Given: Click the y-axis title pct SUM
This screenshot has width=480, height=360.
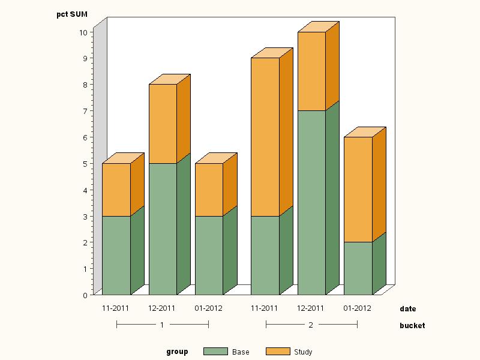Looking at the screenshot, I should click(72, 14).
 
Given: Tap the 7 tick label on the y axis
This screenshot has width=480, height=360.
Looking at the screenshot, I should click(85, 111).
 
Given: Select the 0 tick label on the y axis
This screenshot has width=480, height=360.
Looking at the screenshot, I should click(85, 295).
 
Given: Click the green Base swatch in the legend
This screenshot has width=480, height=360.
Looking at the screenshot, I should click(215, 352).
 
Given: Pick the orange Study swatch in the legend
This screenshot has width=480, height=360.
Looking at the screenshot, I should click(277, 352).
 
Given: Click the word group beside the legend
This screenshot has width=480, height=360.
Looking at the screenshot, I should click(177, 352).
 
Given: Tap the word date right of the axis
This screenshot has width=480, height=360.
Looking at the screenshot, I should click(407, 309).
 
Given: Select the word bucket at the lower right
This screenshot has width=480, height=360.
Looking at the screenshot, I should click(412, 326).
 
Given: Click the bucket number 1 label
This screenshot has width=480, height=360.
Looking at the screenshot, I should click(162, 325).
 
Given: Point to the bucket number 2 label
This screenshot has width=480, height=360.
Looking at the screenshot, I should click(311, 325).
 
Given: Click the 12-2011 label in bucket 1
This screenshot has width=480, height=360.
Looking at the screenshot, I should click(162, 308).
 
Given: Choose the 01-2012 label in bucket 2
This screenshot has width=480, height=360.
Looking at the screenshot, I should click(357, 308).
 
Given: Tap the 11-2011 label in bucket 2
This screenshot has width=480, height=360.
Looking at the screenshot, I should click(264, 308).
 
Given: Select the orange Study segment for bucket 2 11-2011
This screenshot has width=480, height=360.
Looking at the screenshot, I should click(265, 137).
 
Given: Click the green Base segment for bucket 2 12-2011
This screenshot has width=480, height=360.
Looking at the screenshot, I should click(311, 202).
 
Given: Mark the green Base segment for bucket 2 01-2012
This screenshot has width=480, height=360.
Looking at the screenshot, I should click(358, 268).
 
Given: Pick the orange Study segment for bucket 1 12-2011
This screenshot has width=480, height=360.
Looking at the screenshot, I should click(163, 124).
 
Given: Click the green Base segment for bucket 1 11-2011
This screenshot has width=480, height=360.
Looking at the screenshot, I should click(116, 255).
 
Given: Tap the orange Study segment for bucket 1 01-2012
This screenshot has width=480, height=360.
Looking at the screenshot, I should click(209, 190).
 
